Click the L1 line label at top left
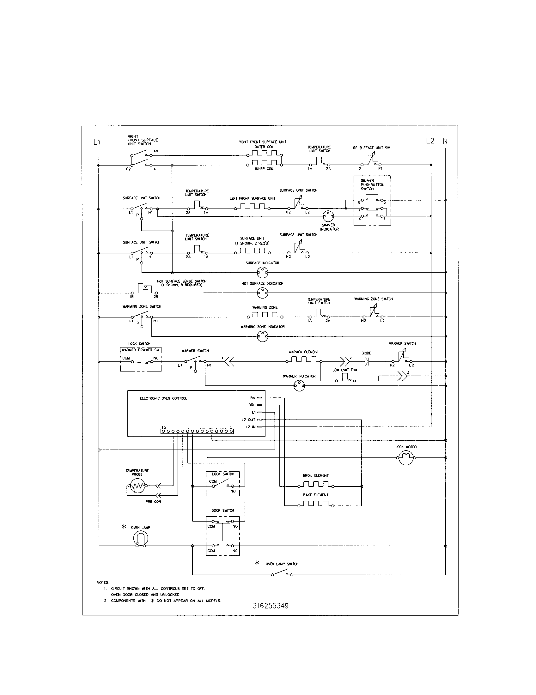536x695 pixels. [97, 142]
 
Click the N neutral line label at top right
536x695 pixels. [445, 141]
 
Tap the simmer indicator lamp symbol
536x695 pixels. [328, 216]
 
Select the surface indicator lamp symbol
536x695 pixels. [262, 272]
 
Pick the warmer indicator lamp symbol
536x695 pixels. [299, 386]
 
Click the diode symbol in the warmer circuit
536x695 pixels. [366, 361]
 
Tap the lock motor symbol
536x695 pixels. [406, 458]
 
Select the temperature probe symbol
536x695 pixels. [137, 486]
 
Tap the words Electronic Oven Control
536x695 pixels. [164, 398]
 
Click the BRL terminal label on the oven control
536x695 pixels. [252, 405]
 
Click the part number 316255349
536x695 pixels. [271, 606]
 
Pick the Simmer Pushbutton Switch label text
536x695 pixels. [372, 184]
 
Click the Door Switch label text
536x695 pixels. [222, 511]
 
